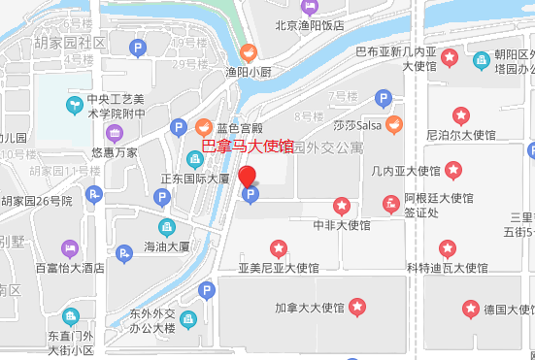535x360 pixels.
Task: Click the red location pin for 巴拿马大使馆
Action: click(248, 177)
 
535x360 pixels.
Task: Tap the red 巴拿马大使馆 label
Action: click(247, 147)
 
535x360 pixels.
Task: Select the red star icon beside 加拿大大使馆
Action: click(358, 309)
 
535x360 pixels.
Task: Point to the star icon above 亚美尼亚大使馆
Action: click(280, 246)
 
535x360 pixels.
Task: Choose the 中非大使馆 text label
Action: click(342, 225)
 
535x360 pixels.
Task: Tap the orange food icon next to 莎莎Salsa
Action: click(393, 124)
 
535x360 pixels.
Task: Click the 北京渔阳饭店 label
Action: click(310, 26)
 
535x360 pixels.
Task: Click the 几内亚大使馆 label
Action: click(406, 171)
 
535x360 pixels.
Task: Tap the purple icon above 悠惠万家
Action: click(115, 133)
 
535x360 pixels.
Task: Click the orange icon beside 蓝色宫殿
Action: click(204, 126)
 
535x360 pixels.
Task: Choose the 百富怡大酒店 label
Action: click(70, 267)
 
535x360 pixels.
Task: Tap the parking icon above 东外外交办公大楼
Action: click(206, 291)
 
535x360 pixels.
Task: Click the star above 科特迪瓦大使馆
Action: click(447, 248)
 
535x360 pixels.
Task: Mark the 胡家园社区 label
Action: click(70, 43)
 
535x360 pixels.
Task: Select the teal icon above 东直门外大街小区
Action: click(70, 316)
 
